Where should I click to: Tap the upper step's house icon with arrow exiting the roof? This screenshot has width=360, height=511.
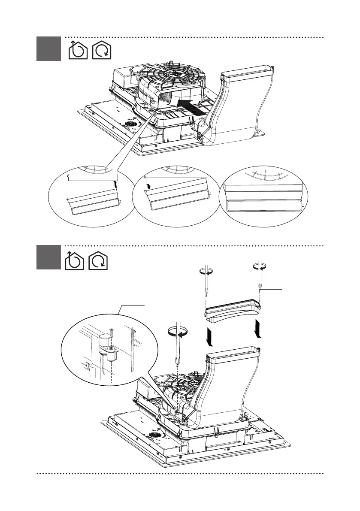pyautogui.click(x=78, y=50)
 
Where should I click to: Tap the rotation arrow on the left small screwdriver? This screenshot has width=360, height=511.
pyautogui.click(x=206, y=271)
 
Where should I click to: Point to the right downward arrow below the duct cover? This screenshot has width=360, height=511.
pyautogui.click(x=258, y=329)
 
